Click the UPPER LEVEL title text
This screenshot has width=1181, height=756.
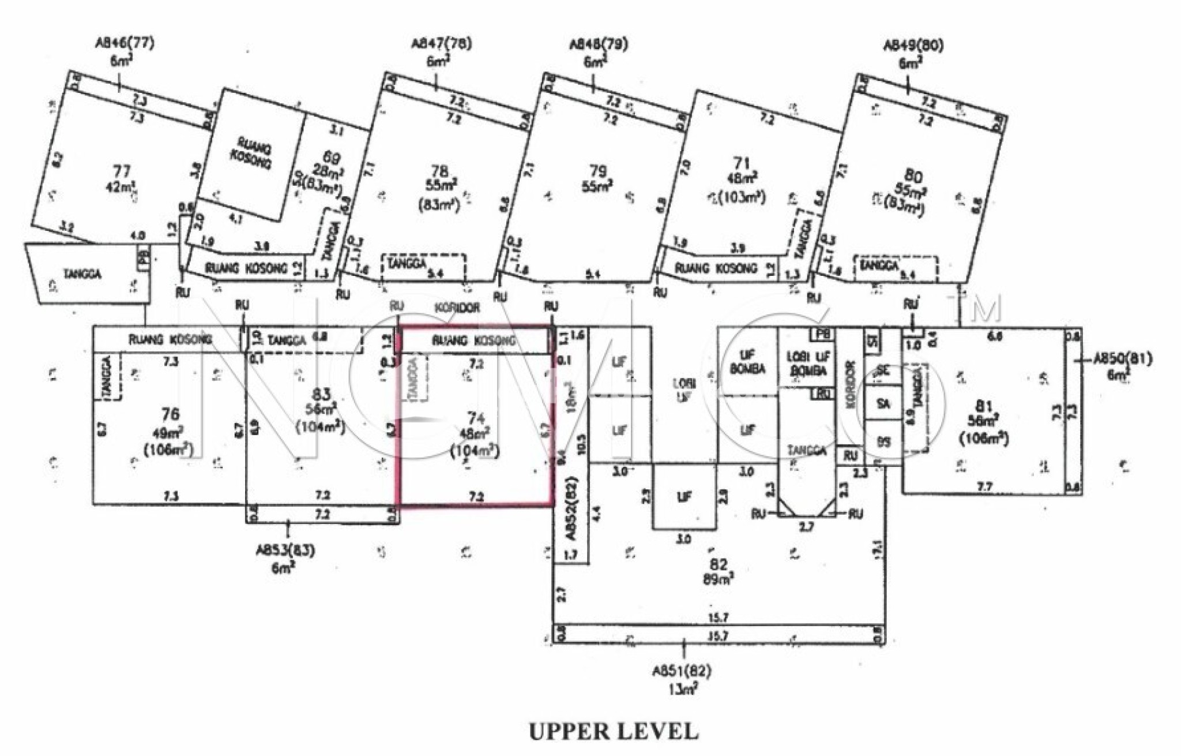tap(614, 731)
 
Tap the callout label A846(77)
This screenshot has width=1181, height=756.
tap(125, 44)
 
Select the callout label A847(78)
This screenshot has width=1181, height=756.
tap(441, 45)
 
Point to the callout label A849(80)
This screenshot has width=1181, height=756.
tap(914, 46)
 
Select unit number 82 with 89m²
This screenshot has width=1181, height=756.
tap(720, 564)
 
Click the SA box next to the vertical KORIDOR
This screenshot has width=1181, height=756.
tap(883, 405)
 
